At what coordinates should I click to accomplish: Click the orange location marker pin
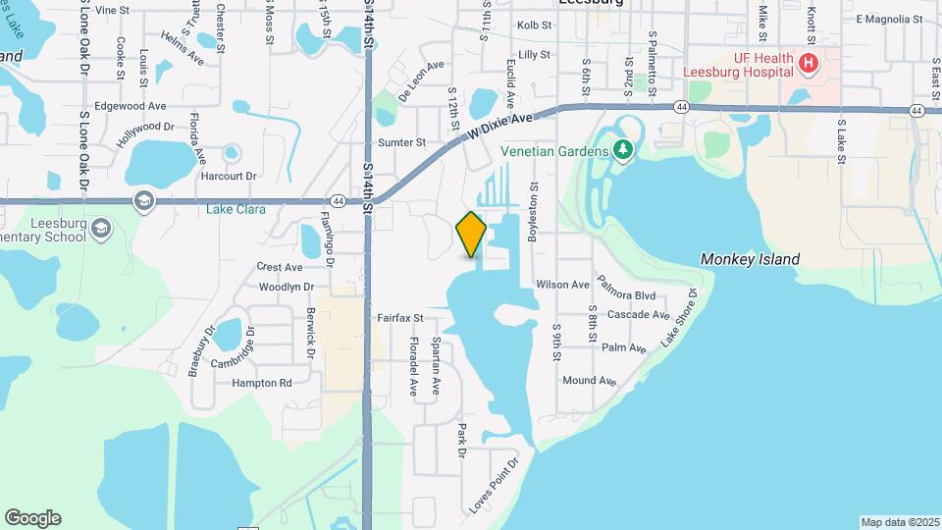click(x=471, y=234)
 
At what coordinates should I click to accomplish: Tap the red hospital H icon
click(x=808, y=65)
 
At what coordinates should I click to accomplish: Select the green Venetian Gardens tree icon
click(x=622, y=150)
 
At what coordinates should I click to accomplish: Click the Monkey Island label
click(x=750, y=259)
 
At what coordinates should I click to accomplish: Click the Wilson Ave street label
click(x=562, y=285)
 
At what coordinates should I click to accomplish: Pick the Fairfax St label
click(x=399, y=318)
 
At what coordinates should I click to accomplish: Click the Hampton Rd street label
click(x=262, y=383)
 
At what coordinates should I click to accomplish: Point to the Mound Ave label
click(x=589, y=381)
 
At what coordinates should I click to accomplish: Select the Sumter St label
click(x=401, y=142)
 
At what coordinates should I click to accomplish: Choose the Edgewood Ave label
click(x=131, y=105)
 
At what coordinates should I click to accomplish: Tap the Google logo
click(x=32, y=518)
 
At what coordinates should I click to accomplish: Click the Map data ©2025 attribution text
click(x=899, y=522)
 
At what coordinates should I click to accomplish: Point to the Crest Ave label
click(x=279, y=267)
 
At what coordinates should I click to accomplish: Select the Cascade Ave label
click(x=638, y=315)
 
